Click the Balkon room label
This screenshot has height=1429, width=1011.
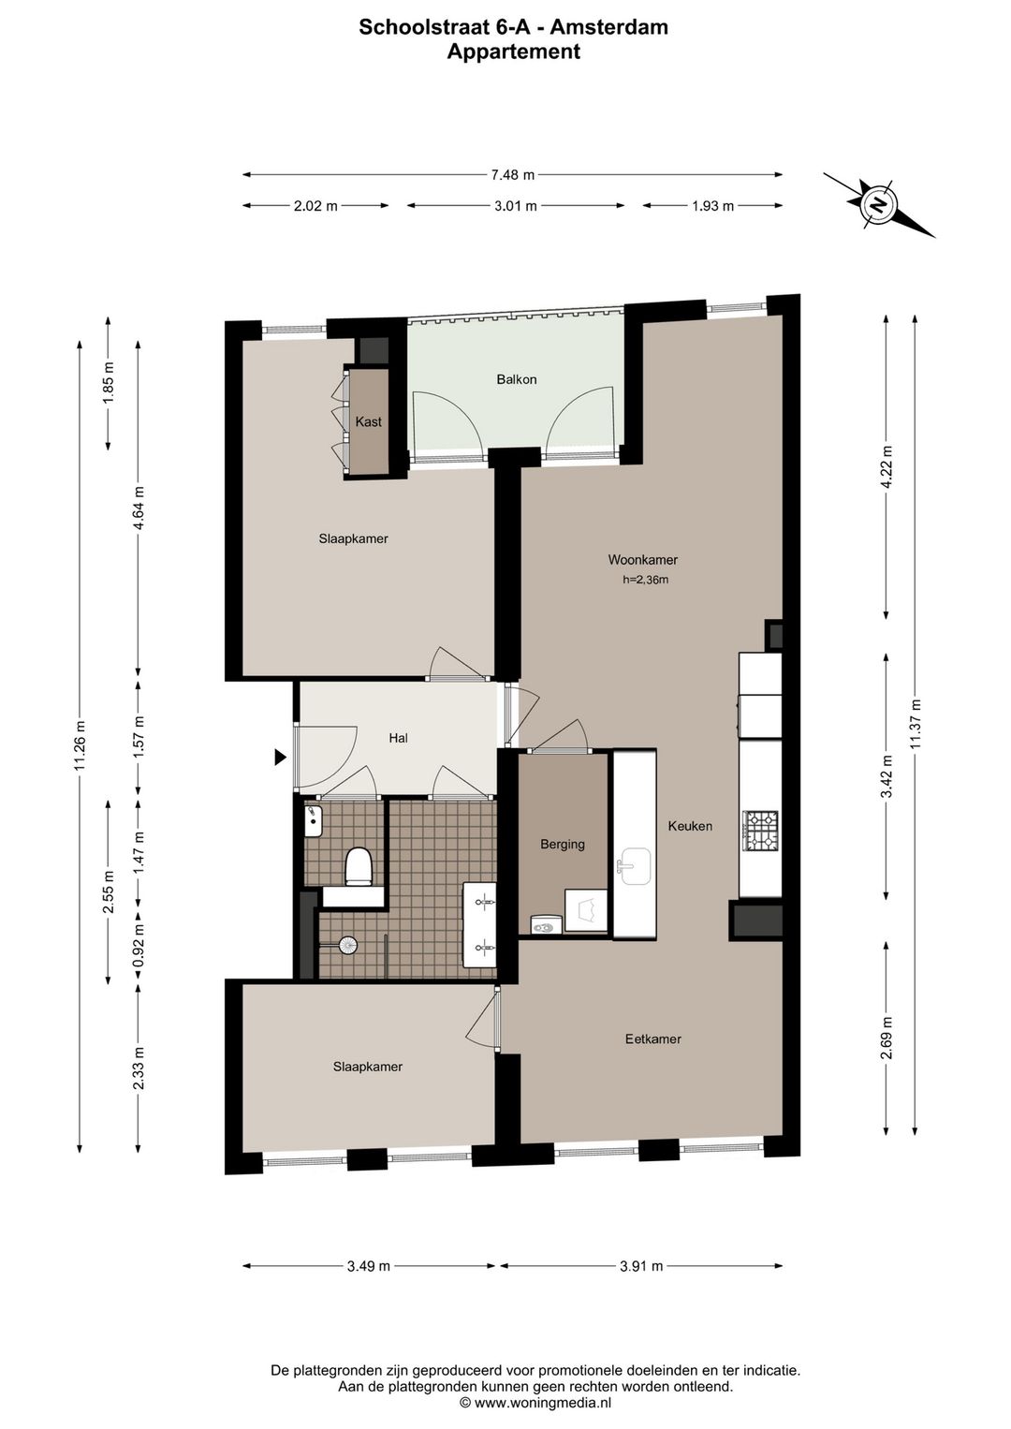point(516,379)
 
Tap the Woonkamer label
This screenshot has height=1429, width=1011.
point(642,559)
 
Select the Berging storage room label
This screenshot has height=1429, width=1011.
point(562,845)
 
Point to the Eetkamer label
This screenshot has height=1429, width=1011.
point(652,1039)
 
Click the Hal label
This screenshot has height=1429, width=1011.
point(398,738)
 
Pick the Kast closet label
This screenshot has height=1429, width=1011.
point(368,421)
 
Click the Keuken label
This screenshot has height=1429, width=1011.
point(690,826)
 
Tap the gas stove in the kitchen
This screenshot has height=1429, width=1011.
point(761,832)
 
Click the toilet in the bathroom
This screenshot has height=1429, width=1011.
point(358,866)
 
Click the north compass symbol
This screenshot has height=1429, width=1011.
point(878,205)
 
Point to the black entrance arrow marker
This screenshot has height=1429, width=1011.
point(279,758)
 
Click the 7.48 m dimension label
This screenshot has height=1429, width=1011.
point(512,175)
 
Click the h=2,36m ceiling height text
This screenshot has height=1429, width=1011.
point(645,580)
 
